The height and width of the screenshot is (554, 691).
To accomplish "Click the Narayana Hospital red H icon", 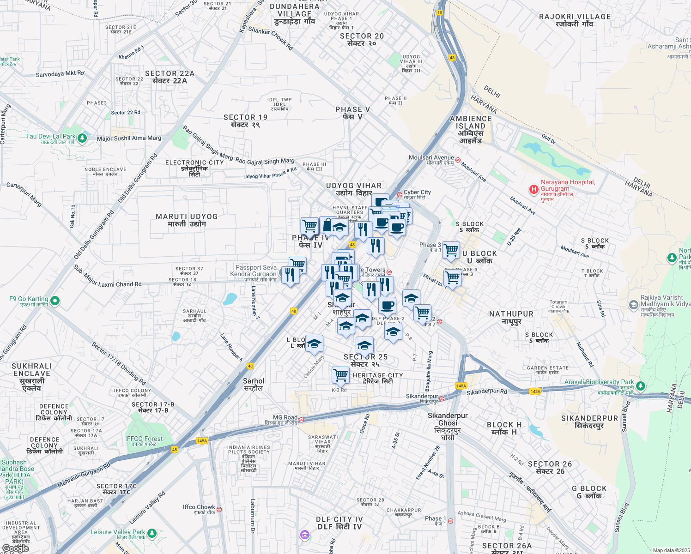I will (533, 189).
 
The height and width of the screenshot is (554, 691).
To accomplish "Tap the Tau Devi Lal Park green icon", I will (82, 138).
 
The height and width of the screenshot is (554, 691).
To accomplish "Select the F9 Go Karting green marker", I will (55, 301).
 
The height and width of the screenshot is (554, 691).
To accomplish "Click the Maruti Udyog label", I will (187, 220).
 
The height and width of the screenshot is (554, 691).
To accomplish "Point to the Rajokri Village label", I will (575, 20).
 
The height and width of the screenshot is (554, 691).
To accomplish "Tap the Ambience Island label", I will (471, 129).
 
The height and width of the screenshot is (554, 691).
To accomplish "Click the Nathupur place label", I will (511, 317).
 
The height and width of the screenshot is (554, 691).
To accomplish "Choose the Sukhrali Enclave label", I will (31, 377).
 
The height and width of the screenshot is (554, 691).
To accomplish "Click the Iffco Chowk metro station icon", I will (219, 510).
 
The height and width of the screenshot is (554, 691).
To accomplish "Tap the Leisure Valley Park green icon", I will (152, 534).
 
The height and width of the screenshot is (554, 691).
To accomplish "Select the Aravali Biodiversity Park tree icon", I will (640, 385).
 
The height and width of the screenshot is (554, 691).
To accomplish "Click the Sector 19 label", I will (245, 120).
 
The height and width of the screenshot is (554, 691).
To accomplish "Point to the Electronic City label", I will (194, 168).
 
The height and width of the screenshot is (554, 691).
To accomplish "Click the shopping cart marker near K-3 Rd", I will (340, 375).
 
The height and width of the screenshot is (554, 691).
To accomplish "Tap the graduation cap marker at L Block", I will (314, 343).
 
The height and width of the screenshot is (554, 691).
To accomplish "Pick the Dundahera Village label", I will (295, 14).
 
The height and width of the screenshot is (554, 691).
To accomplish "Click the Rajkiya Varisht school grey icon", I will (634, 305).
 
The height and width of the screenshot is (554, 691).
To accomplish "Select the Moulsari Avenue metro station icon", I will (458, 160).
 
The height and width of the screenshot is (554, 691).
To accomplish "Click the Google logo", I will (15, 548).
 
